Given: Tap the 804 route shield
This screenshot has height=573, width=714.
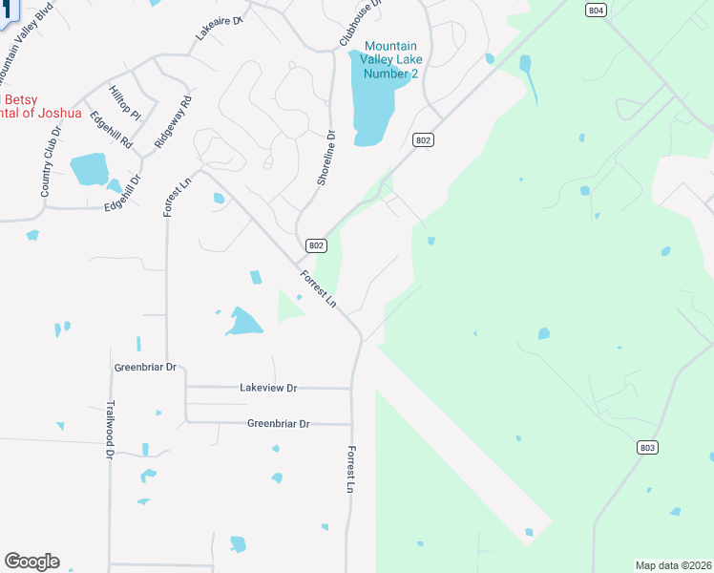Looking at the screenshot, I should tap(596, 10).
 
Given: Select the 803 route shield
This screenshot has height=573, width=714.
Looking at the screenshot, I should tap(647, 447).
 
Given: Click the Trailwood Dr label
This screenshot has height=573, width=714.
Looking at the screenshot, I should tap(109, 430).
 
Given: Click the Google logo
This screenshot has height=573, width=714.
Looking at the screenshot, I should tap(31, 562).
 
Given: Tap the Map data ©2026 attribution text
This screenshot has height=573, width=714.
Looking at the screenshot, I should tap(672, 564).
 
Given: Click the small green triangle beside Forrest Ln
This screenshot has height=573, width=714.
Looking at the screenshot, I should tap(288, 308).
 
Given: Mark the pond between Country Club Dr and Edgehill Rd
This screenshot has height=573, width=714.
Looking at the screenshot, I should tap(89, 168).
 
